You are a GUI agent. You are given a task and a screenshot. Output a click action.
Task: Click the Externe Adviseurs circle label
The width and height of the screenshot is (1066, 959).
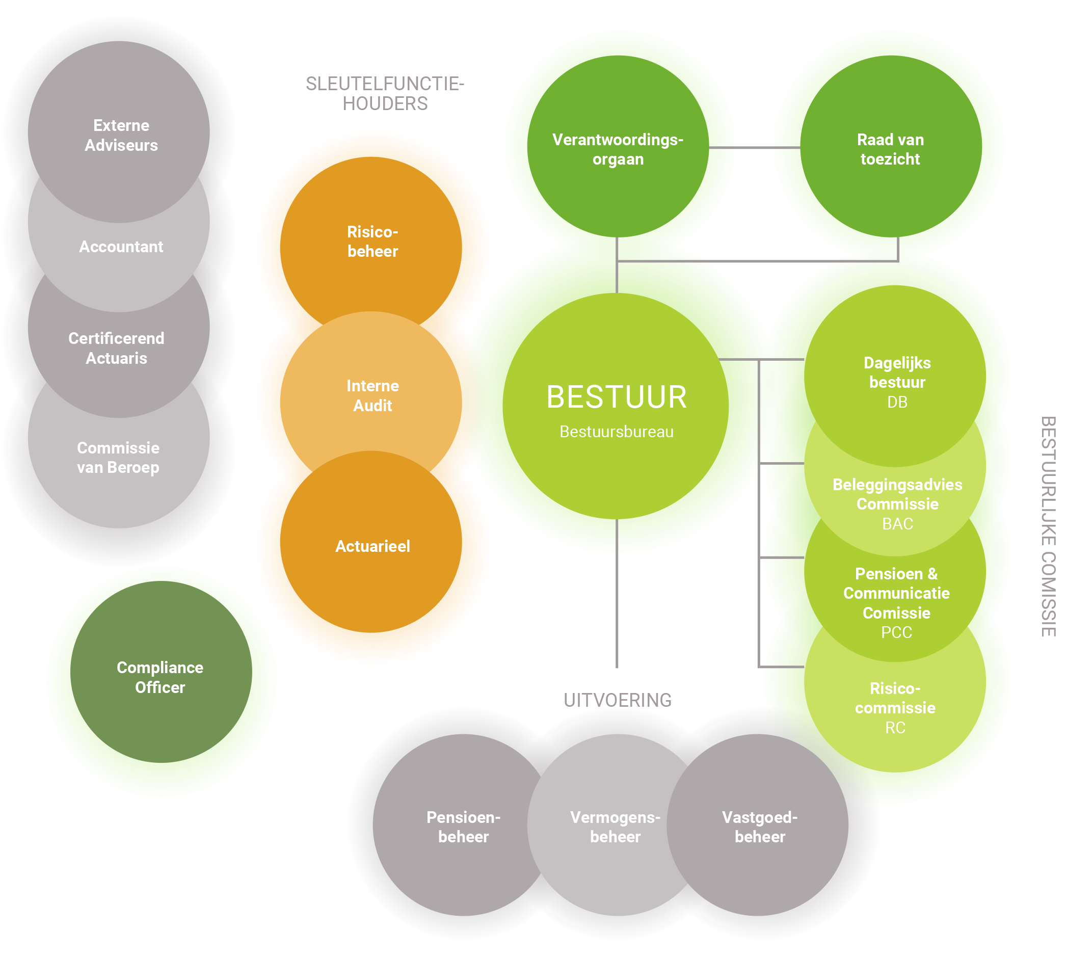[121, 136]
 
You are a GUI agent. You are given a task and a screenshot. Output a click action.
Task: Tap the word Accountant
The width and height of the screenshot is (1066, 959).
[121, 247]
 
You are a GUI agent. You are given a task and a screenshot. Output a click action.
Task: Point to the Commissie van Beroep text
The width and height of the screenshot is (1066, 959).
[118, 458]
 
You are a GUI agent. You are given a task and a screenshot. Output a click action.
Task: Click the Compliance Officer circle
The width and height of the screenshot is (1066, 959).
[160, 677]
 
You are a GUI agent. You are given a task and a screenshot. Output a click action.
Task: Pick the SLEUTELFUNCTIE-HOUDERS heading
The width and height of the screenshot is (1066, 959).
[385, 94]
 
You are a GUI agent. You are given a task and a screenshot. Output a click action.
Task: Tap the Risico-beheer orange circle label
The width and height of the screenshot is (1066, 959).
[372, 242]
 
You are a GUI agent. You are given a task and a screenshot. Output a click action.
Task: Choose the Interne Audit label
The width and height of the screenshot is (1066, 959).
[372, 396]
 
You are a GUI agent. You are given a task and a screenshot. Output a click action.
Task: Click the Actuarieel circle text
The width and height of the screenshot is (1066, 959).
[372, 546]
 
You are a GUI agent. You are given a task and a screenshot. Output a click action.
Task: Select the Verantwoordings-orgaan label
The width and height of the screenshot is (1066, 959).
[618, 149]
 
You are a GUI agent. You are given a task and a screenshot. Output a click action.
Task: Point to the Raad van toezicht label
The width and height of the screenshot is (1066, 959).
[890, 149]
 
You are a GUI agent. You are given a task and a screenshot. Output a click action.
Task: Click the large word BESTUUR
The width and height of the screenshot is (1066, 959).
[617, 397]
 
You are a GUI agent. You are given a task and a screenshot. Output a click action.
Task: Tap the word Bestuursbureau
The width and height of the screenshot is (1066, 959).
[617, 432]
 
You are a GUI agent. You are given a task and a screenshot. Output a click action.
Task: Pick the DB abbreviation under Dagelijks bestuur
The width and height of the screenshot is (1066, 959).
[897, 403]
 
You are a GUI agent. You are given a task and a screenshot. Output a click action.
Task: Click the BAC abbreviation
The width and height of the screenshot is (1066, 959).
[897, 524]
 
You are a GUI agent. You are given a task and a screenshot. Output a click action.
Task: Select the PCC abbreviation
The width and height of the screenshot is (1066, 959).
[896, 632]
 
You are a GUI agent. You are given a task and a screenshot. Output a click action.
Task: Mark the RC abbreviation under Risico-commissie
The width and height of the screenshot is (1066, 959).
[895, 728]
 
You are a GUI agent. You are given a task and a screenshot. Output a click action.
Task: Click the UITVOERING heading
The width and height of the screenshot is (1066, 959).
[618, 700]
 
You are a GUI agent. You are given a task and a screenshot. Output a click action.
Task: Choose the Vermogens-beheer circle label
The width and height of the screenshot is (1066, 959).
[615, 827]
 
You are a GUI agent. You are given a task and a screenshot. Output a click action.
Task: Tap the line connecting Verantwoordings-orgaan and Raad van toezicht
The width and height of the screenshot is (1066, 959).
[754, 148]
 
